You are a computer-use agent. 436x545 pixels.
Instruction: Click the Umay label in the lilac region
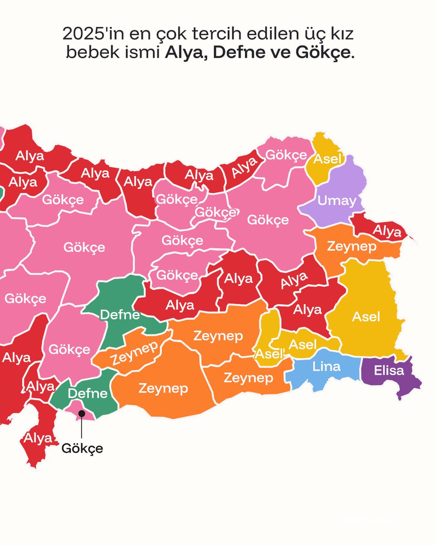(x=337, y=200)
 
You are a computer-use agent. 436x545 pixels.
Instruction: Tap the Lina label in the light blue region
(x=326, y=366)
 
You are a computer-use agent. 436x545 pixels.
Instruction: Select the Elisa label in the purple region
(x=389, y=371)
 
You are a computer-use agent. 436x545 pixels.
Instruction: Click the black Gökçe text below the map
(x=82, y=449)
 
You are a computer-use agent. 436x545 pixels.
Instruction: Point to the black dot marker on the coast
(x=82, y=413)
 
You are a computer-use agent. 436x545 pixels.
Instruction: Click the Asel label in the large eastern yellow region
(x=366, y=317)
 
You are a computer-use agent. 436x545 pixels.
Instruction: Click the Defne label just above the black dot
(x=87, y=393)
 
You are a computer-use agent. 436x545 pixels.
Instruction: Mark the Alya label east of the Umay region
(x=387, y=232)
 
